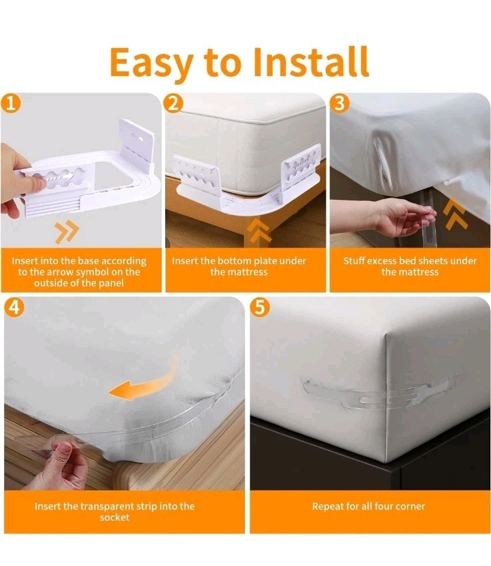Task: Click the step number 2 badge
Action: click(x=174, y=103)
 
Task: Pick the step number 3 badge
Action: click(x=339, y=103)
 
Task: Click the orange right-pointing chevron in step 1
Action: click(x=67, y=231)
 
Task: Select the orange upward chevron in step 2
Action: click(x=260, y=230)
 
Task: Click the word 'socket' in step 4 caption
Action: click(x=115, y=517)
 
